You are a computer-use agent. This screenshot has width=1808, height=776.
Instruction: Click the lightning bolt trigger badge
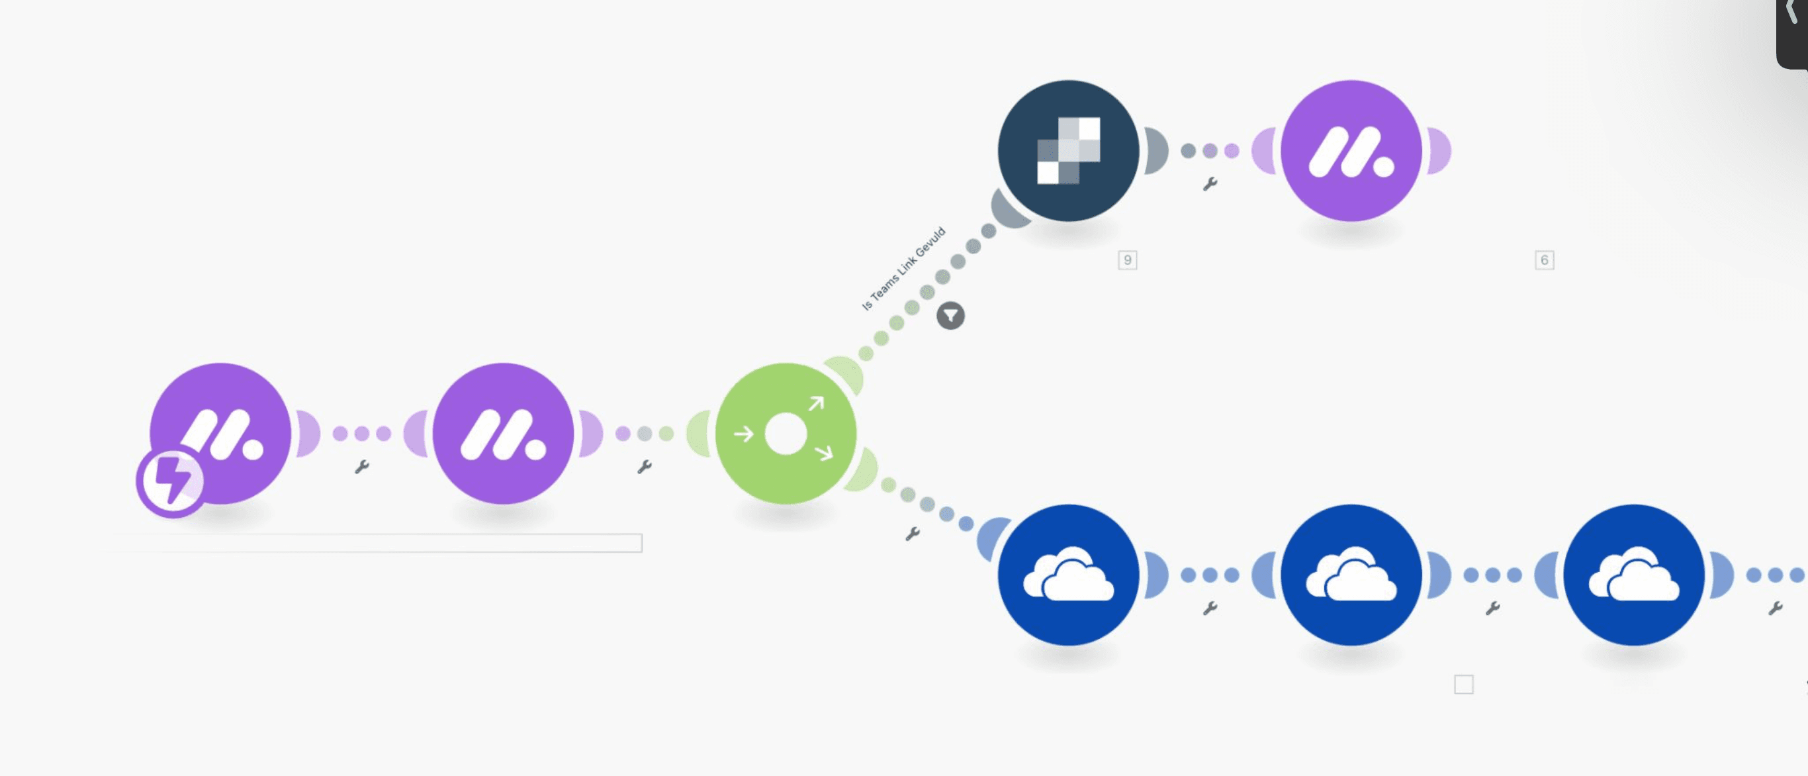click(x=171, y=481)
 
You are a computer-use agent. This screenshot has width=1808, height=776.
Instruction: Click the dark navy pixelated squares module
click(x=1068, y=150)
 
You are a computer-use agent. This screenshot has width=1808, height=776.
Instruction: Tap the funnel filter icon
click(x=950, y=316)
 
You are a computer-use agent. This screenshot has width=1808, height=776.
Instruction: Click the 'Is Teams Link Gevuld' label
click(x=903, y=268)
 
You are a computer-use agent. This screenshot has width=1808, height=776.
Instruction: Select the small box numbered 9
click(x=1127, y=260)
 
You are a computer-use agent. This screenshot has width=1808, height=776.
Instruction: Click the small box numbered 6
click(x=1544, y=260)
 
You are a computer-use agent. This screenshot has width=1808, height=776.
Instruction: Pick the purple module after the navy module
click(x=1351, y=150)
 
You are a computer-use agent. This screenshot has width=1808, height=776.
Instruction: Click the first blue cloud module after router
click(x=1068, y=575)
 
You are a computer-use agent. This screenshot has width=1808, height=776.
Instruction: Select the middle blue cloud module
click(x=1351, y=575)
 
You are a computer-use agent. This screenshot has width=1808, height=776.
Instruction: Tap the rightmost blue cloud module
click(x=1634, y=575)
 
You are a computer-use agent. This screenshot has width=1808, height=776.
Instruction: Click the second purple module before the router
click(x=502, y=433)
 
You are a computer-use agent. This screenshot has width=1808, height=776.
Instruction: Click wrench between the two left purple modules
click(x=362, y=467)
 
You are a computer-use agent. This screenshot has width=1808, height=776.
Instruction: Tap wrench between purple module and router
click(x=645, y=467)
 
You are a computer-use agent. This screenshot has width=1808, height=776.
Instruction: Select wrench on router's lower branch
click(x=913, y=534)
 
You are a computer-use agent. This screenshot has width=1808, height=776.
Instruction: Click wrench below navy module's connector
click(x=1210, y=184)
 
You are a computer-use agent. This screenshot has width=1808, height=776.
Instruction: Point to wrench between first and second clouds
click(x=1210, y=608)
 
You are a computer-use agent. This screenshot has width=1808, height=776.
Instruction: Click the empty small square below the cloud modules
click(x=1463, y=684)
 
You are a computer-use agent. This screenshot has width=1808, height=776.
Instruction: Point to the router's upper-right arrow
click(x=815, y=404)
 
